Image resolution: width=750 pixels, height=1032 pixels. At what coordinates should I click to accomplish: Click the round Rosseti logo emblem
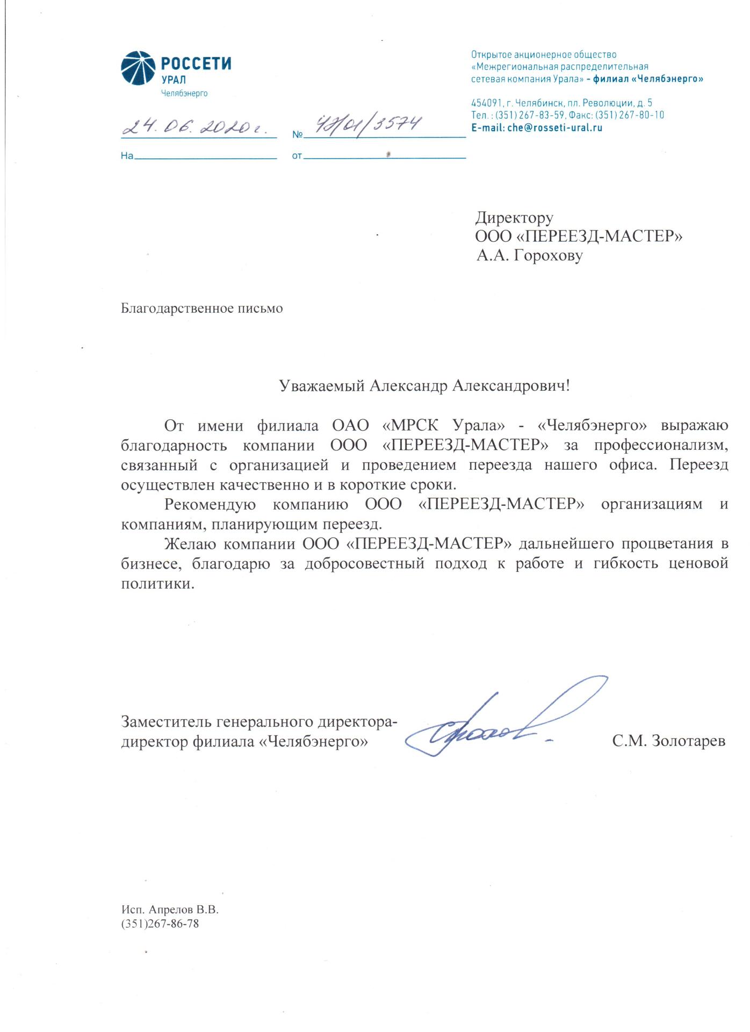(138, 69)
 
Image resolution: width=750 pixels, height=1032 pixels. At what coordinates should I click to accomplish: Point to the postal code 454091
(486, 103)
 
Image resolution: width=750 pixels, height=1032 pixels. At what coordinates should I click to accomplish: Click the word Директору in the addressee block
(514, 218)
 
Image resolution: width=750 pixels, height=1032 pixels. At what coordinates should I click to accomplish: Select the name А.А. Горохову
(529, 255)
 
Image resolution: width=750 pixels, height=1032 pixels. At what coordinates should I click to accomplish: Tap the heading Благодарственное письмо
(201, 309)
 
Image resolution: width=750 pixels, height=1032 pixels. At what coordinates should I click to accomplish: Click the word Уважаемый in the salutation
(322, 386)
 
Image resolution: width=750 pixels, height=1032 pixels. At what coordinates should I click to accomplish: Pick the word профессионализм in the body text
(661, 446)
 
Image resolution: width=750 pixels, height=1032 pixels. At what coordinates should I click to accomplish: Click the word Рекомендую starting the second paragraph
(210, 505)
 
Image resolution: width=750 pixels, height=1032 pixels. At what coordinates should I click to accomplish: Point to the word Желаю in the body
(190, 544)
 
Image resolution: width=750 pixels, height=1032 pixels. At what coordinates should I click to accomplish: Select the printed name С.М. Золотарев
(668, 741)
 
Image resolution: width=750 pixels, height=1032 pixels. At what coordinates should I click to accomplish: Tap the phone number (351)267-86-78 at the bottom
(160, 923)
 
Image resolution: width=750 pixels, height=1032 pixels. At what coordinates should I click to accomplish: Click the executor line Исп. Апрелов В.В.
(170, 910)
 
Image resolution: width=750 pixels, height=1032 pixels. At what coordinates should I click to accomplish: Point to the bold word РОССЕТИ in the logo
(196, 63)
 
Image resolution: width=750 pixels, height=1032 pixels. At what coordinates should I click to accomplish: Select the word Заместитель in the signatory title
(167, 721)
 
